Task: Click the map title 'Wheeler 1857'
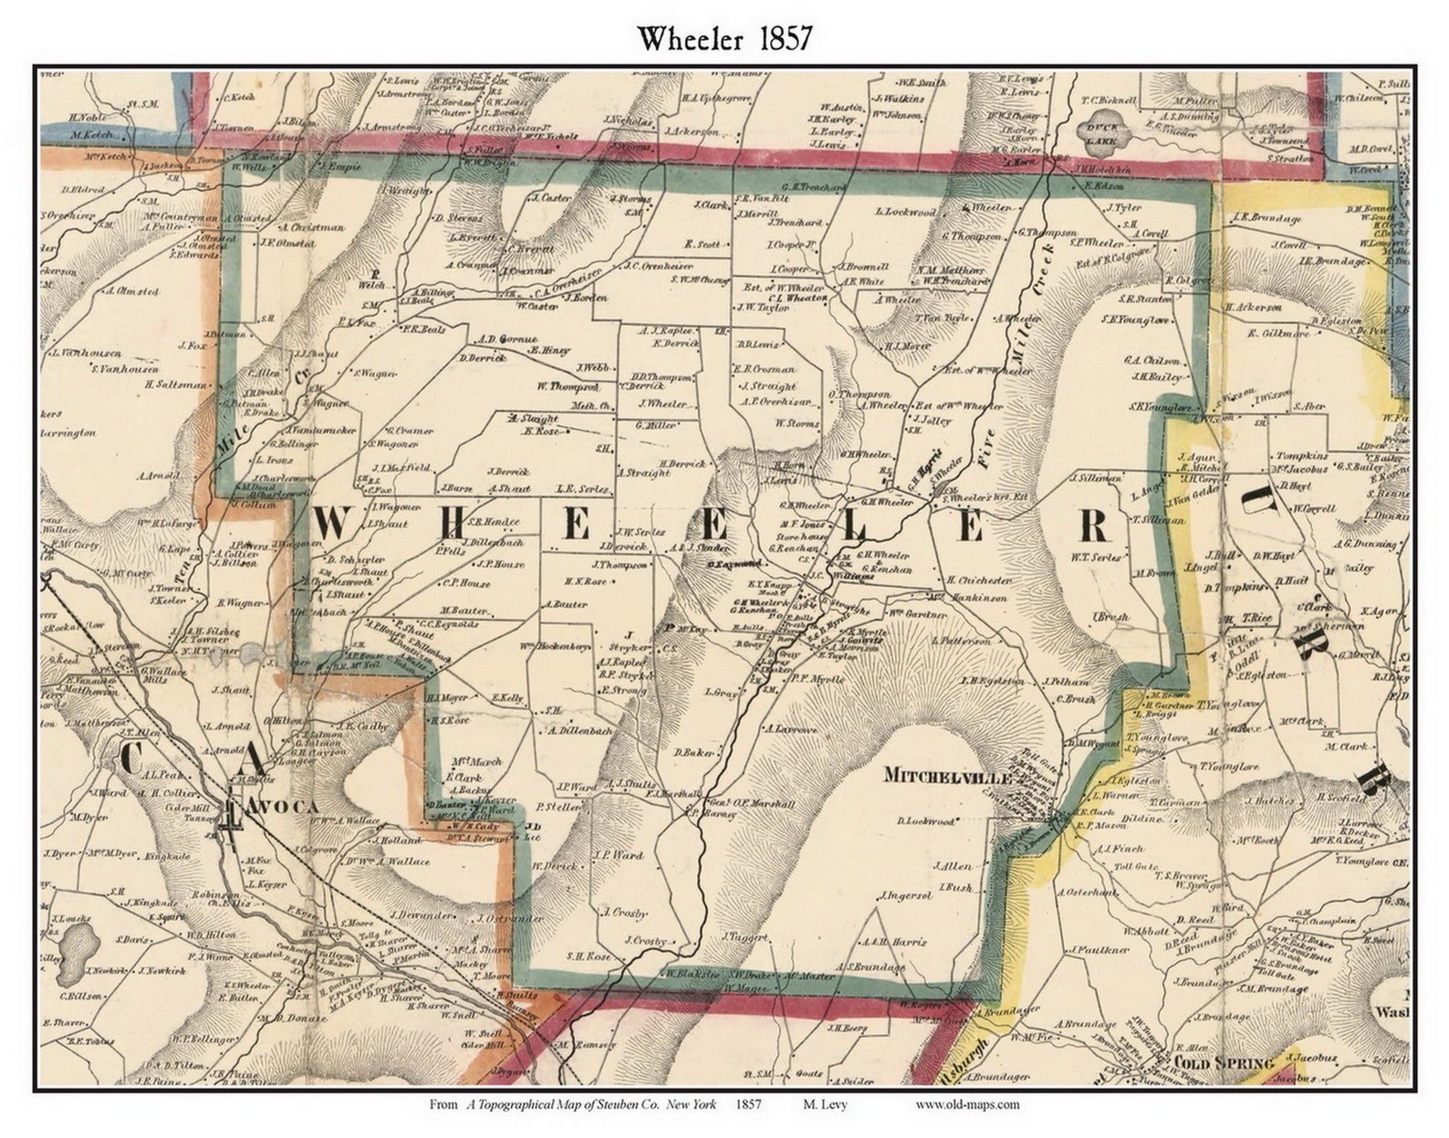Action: click(x=724, y=39)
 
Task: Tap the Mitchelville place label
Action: click(x=948, y=777)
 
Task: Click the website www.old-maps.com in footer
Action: click(x=967, y=1104)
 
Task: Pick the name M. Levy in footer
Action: click(x=825, y=1104)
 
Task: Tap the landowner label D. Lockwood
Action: click(x=925, y=821)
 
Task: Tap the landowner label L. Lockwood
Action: click(x=905, y=212)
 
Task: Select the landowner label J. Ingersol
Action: click(x=905, y=895)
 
